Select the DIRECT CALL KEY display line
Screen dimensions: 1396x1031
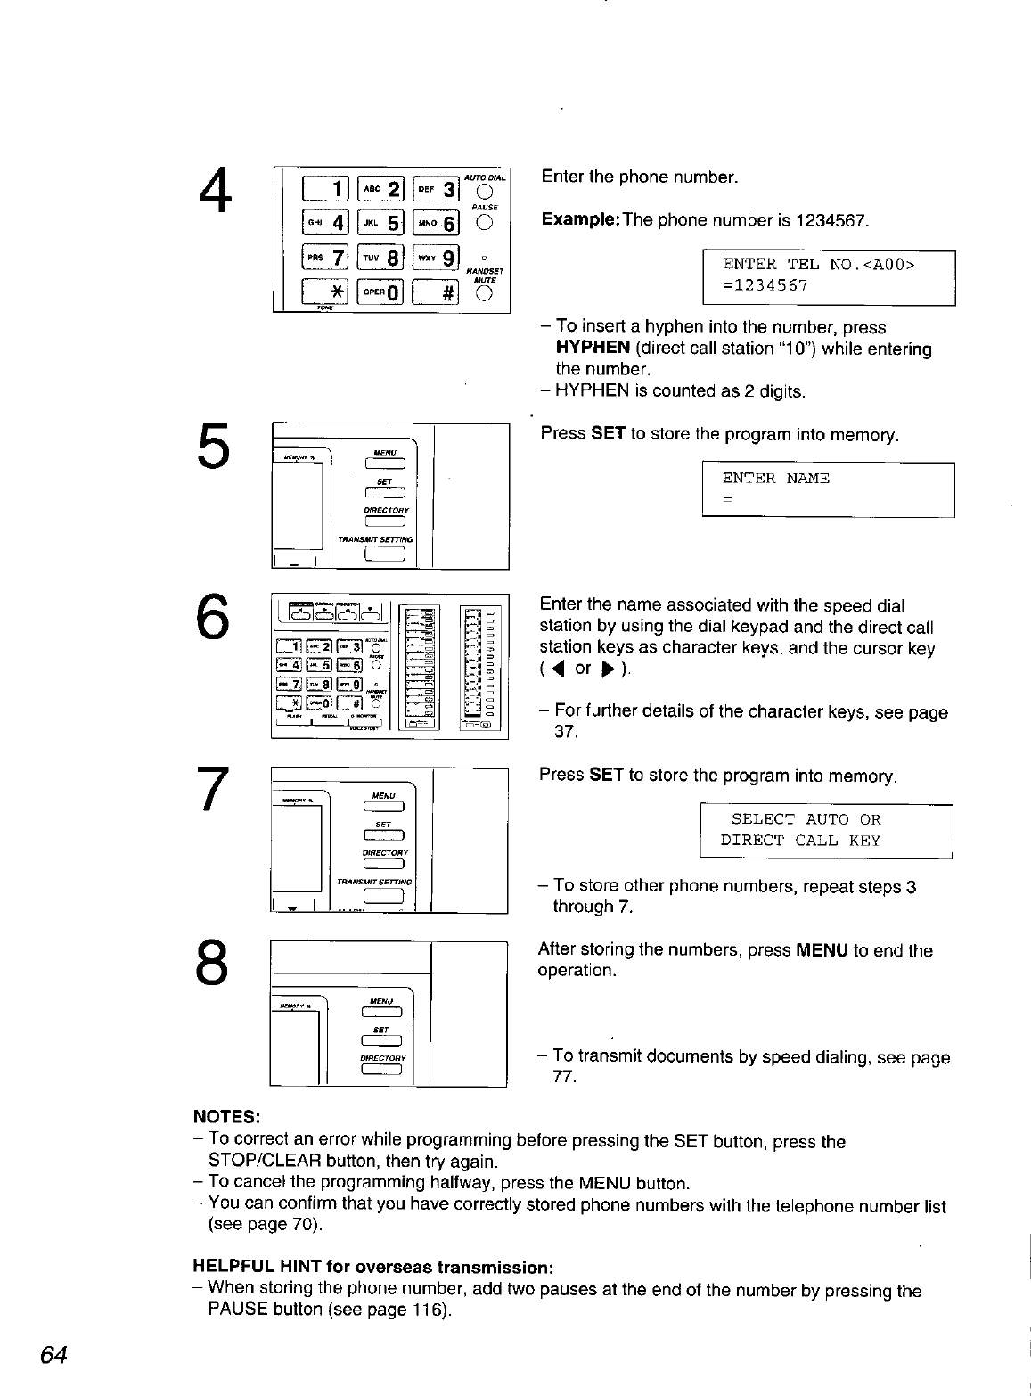[x=799, y=840]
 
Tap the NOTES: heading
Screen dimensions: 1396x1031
[x=226, y=1116]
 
